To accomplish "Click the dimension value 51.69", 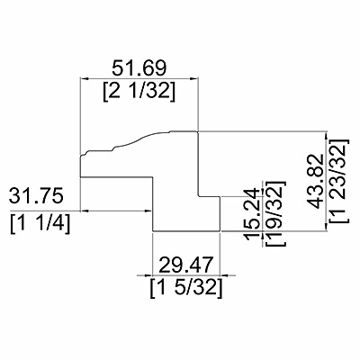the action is (x=139, y=68).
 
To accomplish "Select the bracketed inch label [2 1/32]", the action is (x=139, y=91).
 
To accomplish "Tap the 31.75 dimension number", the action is (x=36, y=196).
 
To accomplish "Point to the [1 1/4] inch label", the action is (x=40, y=223).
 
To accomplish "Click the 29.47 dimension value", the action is (x=186, y=265).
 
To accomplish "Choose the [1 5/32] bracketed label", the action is (x=186, y=288).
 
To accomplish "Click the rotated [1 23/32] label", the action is (x=340, y=181).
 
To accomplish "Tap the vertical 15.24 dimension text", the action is (x=251, y=214).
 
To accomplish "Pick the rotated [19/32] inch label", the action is (x=274, y=213).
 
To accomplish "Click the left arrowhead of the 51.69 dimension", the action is (x=84, y=78).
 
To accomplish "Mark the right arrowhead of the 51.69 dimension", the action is (x=194, y=78).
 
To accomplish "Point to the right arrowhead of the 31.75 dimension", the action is (x=148, y=211).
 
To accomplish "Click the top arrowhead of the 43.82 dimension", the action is (x=327, y=136).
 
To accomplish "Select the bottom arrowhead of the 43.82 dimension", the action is (x=327, y=228).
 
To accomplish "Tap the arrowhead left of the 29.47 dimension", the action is (x=148, y=275).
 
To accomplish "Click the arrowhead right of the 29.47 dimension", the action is (x=225, y=275).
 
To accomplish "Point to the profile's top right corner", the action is (x=198, y=131).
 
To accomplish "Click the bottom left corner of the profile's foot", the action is (x=153, y=231).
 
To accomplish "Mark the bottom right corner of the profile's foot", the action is (x=220, y=231).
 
